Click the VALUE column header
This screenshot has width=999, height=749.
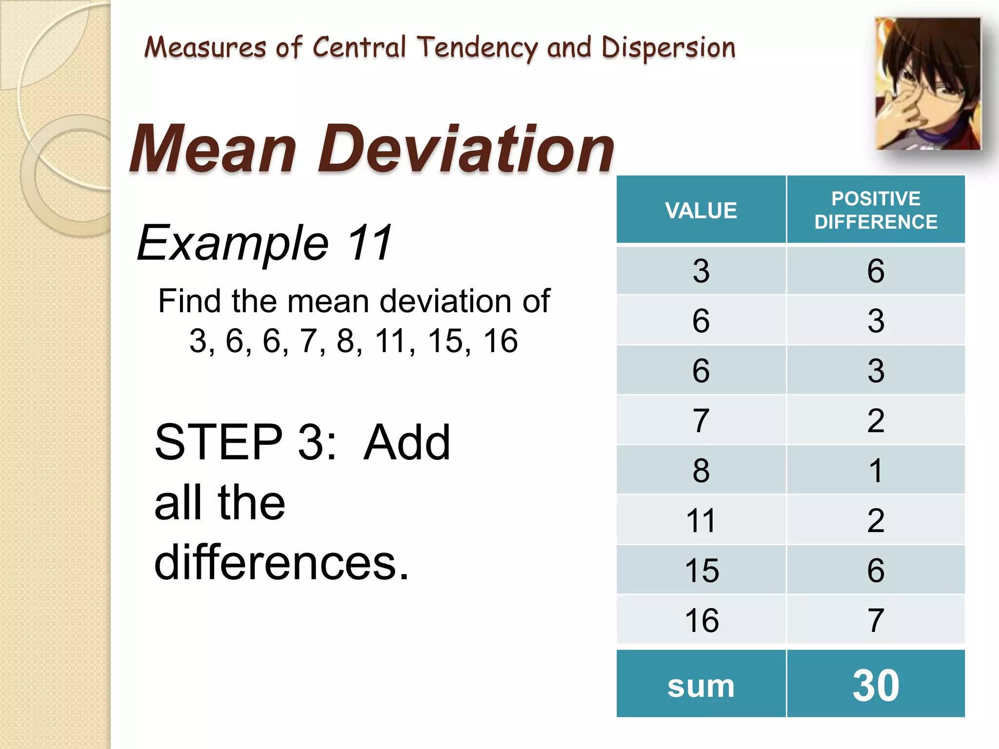click(x=701, y=210)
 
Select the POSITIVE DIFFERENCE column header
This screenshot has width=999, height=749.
click(x=876, y=210)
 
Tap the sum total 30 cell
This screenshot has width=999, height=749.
click(x=876, y=685)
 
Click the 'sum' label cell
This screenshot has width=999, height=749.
click(x=701, y=685)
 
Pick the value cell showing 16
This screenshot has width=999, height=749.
click(x=701, y=620)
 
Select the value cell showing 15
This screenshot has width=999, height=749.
click(x=701, y=570)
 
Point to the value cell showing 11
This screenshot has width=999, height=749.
click(x=701, y=520)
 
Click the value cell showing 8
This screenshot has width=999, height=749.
click(x=701, y=470)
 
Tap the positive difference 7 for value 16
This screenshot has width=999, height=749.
click(x=876, y=620)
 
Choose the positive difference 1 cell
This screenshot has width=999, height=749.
click(x=876, y=470)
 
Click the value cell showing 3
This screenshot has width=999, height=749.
click(x=701, y=271)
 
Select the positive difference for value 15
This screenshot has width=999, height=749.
click(x=876, y=570)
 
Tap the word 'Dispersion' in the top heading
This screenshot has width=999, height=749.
click(x=668, y=48)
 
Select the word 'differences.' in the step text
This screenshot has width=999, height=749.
click(x=281, y=563)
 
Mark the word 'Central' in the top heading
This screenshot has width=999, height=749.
click(x=359, y=47)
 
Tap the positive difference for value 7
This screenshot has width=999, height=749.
click(x=876, y=420)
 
